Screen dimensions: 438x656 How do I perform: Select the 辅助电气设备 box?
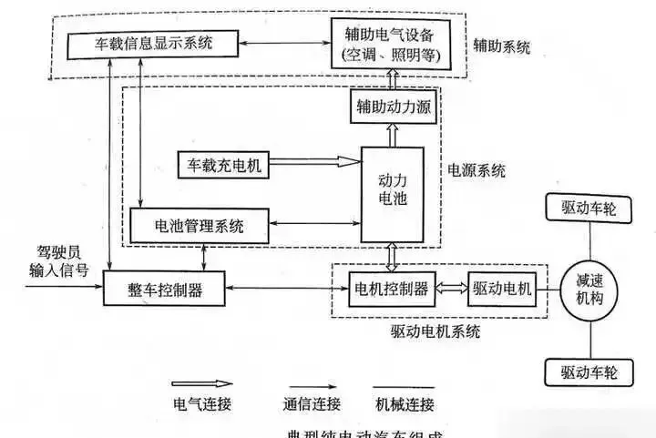[x=391, y=42]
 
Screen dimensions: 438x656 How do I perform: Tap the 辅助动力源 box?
[x=391, y=109]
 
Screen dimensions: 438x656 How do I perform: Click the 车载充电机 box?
[x=223, y=166]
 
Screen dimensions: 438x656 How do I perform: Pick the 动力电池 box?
[x=391, y=194]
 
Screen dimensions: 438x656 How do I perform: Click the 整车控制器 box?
[x=165, y=290]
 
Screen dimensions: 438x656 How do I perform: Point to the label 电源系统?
[x=476, y=169]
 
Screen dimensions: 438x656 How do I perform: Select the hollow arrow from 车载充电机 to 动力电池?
[x=315, y=163]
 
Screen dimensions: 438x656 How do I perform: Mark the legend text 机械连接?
[x=404, y=403]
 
